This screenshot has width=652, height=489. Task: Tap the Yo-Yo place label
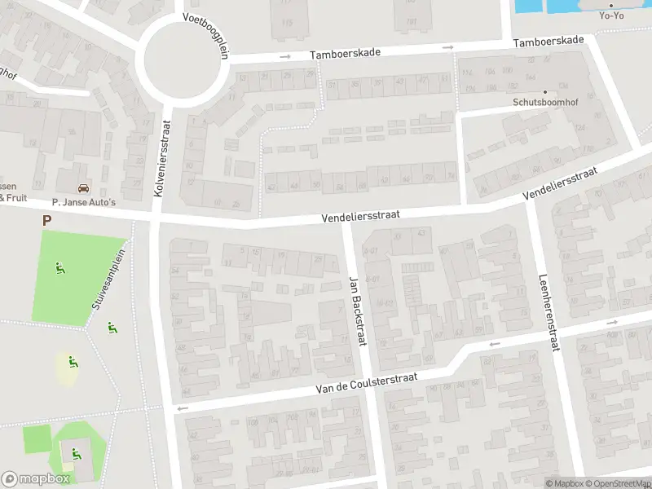610,15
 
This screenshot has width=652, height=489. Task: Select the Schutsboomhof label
544,103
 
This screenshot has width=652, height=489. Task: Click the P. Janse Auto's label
84,201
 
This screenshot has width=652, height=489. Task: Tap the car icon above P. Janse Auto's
83,188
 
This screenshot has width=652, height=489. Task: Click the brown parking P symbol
46,220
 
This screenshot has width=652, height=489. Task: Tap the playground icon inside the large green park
59,267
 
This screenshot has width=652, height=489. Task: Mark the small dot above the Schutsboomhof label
544,91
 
